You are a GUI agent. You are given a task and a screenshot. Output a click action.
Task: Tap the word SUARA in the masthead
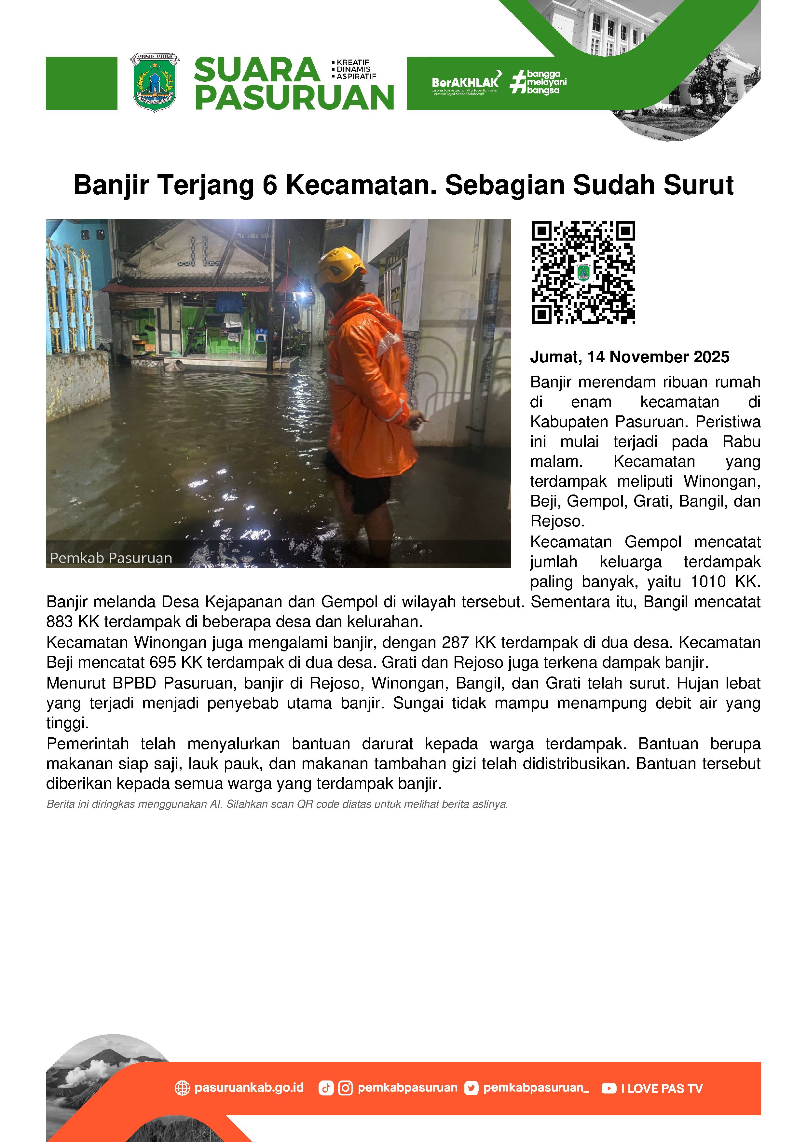tap(256, 70)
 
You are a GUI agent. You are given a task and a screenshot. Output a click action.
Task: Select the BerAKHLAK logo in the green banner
tap(465, 82)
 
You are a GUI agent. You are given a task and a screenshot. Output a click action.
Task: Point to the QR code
tap(583, 272)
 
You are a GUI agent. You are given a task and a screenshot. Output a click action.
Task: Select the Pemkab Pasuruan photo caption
tap(111, 558)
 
